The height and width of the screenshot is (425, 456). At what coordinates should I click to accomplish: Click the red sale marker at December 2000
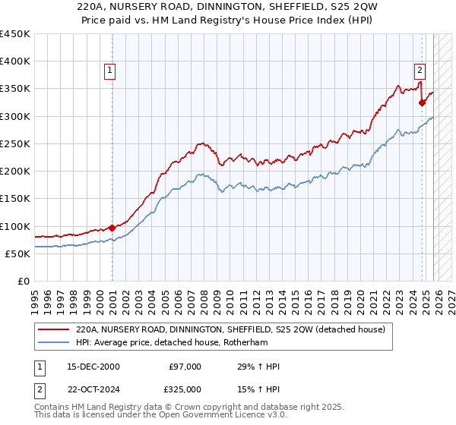pos(112,227)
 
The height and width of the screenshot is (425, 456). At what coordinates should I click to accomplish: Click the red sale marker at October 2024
pos(422,102)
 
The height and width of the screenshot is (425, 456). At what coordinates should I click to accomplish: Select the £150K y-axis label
pos(15,199)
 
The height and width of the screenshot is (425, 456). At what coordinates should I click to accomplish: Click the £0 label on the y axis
pos(24,282)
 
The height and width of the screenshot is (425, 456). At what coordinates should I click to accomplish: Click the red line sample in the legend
pos(54,330)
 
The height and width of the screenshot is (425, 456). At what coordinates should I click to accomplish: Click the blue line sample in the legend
pos(54,343)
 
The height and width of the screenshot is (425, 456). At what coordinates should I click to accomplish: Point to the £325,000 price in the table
pos(185,389)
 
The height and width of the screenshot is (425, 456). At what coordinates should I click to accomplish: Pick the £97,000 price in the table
pos(185,367)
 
